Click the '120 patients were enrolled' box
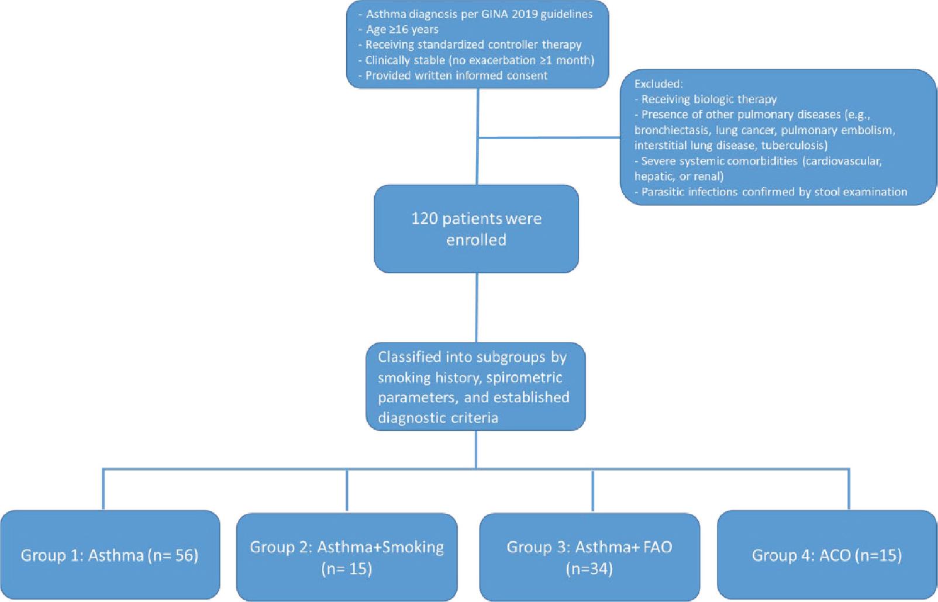pos(476,229)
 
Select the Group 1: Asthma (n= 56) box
pos(110,555)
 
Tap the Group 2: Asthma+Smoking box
pos(347,557)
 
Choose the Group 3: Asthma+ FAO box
pos(589,557)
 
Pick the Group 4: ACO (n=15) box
pos(827,555)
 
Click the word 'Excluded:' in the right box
pos(658,84)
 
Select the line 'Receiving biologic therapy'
pos(709,99)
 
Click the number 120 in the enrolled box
pos(425,219)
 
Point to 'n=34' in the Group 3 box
pos(589,569)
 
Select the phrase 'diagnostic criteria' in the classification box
pos(438,417)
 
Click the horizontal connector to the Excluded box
pos(550,138)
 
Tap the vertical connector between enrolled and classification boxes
pos(477,307)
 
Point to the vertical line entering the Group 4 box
pos(849,489)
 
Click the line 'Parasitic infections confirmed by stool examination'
pos(774,192)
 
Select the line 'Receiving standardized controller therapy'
pos(473,44)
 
